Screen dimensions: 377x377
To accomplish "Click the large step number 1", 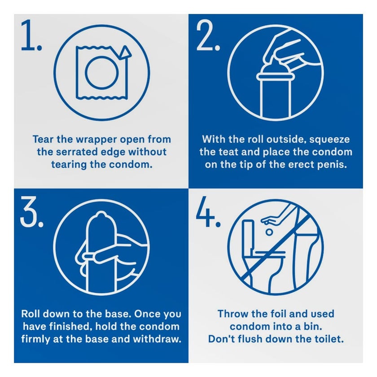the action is click(x=31, y=35).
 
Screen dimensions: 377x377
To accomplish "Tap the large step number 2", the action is click(x=208, y=35).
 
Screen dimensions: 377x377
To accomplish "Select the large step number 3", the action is click(x=32, y=212).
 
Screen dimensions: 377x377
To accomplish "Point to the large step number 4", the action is click(x=208, y=212).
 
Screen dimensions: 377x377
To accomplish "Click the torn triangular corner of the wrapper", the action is click(x=125, y=53).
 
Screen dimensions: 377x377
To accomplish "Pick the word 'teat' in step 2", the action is click(x=228, y=152).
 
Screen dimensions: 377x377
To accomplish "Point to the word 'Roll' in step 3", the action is click(x=31, y=314).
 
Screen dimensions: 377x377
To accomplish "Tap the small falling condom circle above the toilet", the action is click(x=269, y=232).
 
